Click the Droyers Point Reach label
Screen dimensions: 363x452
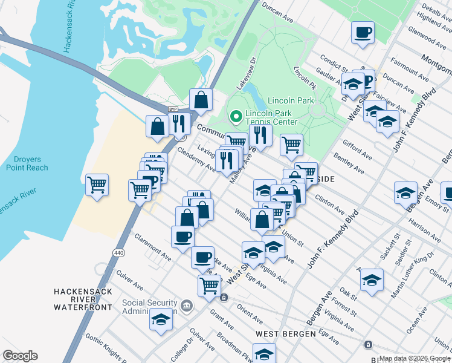(x=27, y=163)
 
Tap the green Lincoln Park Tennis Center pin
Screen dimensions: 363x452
(x=235, y=114)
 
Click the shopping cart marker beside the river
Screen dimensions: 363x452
(x=97, y=184)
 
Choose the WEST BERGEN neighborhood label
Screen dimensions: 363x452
(x=285, y=334)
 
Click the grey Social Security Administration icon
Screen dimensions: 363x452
(x=187, y=304)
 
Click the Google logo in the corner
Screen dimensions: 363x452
(x=20, y=356)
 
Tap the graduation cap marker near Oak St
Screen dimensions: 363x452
(x=372, y=280)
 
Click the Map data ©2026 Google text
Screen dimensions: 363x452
(x=415, y=358)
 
